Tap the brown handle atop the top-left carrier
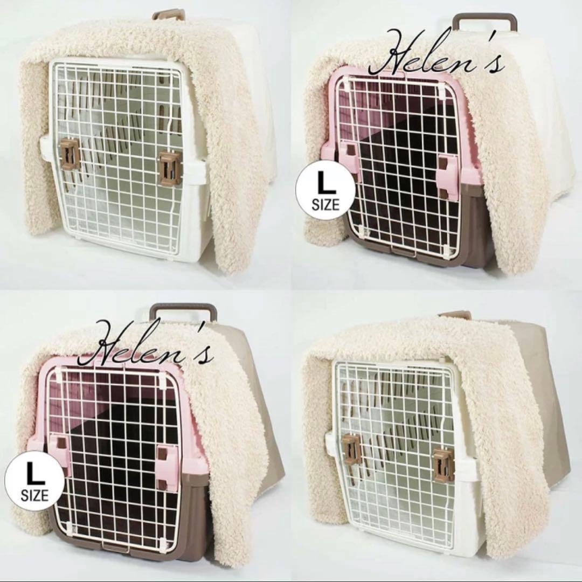click(169, 15)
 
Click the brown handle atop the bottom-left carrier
click(183, 313)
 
